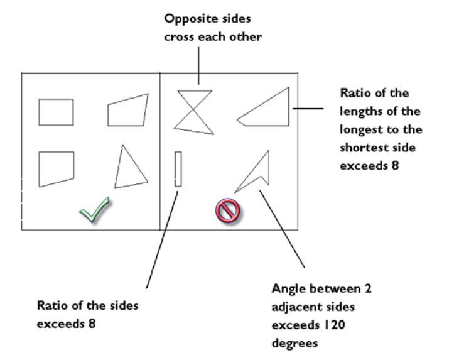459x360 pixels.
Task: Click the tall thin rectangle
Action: pyautogui.click(x=179, y=168)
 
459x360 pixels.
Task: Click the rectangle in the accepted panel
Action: pyautogui.click(x=56, y=112)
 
